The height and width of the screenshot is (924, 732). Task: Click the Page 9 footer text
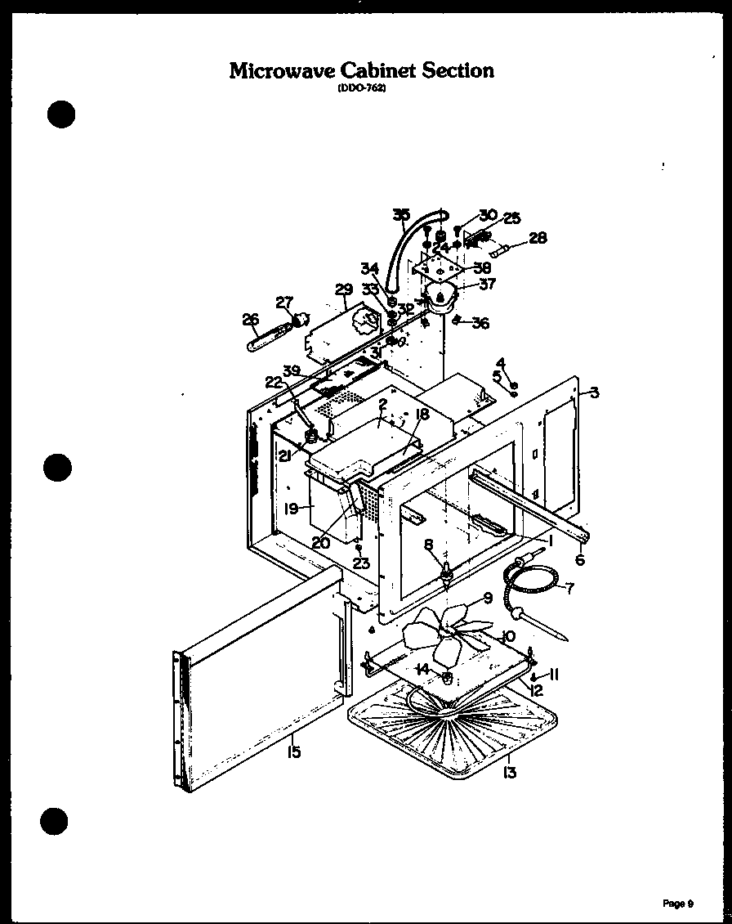point(678,904)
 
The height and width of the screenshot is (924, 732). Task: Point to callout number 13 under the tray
point(510,771)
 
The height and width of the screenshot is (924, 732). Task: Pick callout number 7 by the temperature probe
point(569,587)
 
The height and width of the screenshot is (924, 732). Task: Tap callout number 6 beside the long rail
point(580,560)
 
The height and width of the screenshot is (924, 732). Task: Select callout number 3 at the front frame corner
point(594,393)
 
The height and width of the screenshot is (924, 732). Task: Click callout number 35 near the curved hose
point(401,215)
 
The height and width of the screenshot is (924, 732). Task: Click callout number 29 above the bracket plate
point(343,289)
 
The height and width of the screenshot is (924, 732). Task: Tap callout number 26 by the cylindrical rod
point(250,319)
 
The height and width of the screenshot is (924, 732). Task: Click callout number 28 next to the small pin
point(538,238)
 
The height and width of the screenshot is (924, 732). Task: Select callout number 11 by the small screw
point(553,675)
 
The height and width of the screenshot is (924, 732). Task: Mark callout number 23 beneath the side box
point(361,563)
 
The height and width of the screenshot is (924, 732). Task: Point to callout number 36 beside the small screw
point(480,323)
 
